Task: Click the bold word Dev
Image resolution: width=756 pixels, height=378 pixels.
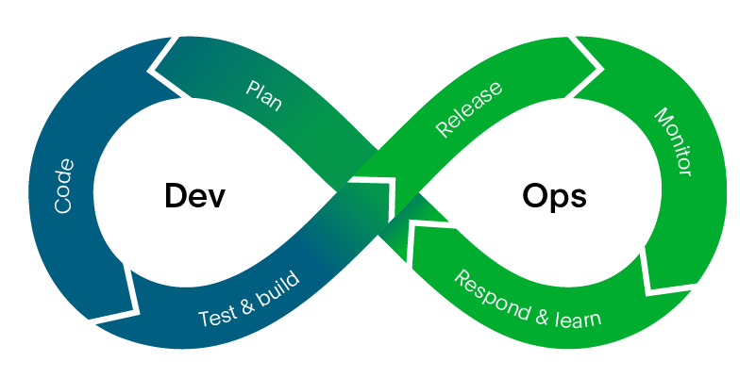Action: tap(195, 195)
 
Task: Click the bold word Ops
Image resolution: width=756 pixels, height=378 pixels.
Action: tap(554, 196)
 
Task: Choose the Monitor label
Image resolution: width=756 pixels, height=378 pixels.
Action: tap(674, 141)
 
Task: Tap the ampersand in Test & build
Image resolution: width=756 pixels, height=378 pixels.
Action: tap(246, 301)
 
